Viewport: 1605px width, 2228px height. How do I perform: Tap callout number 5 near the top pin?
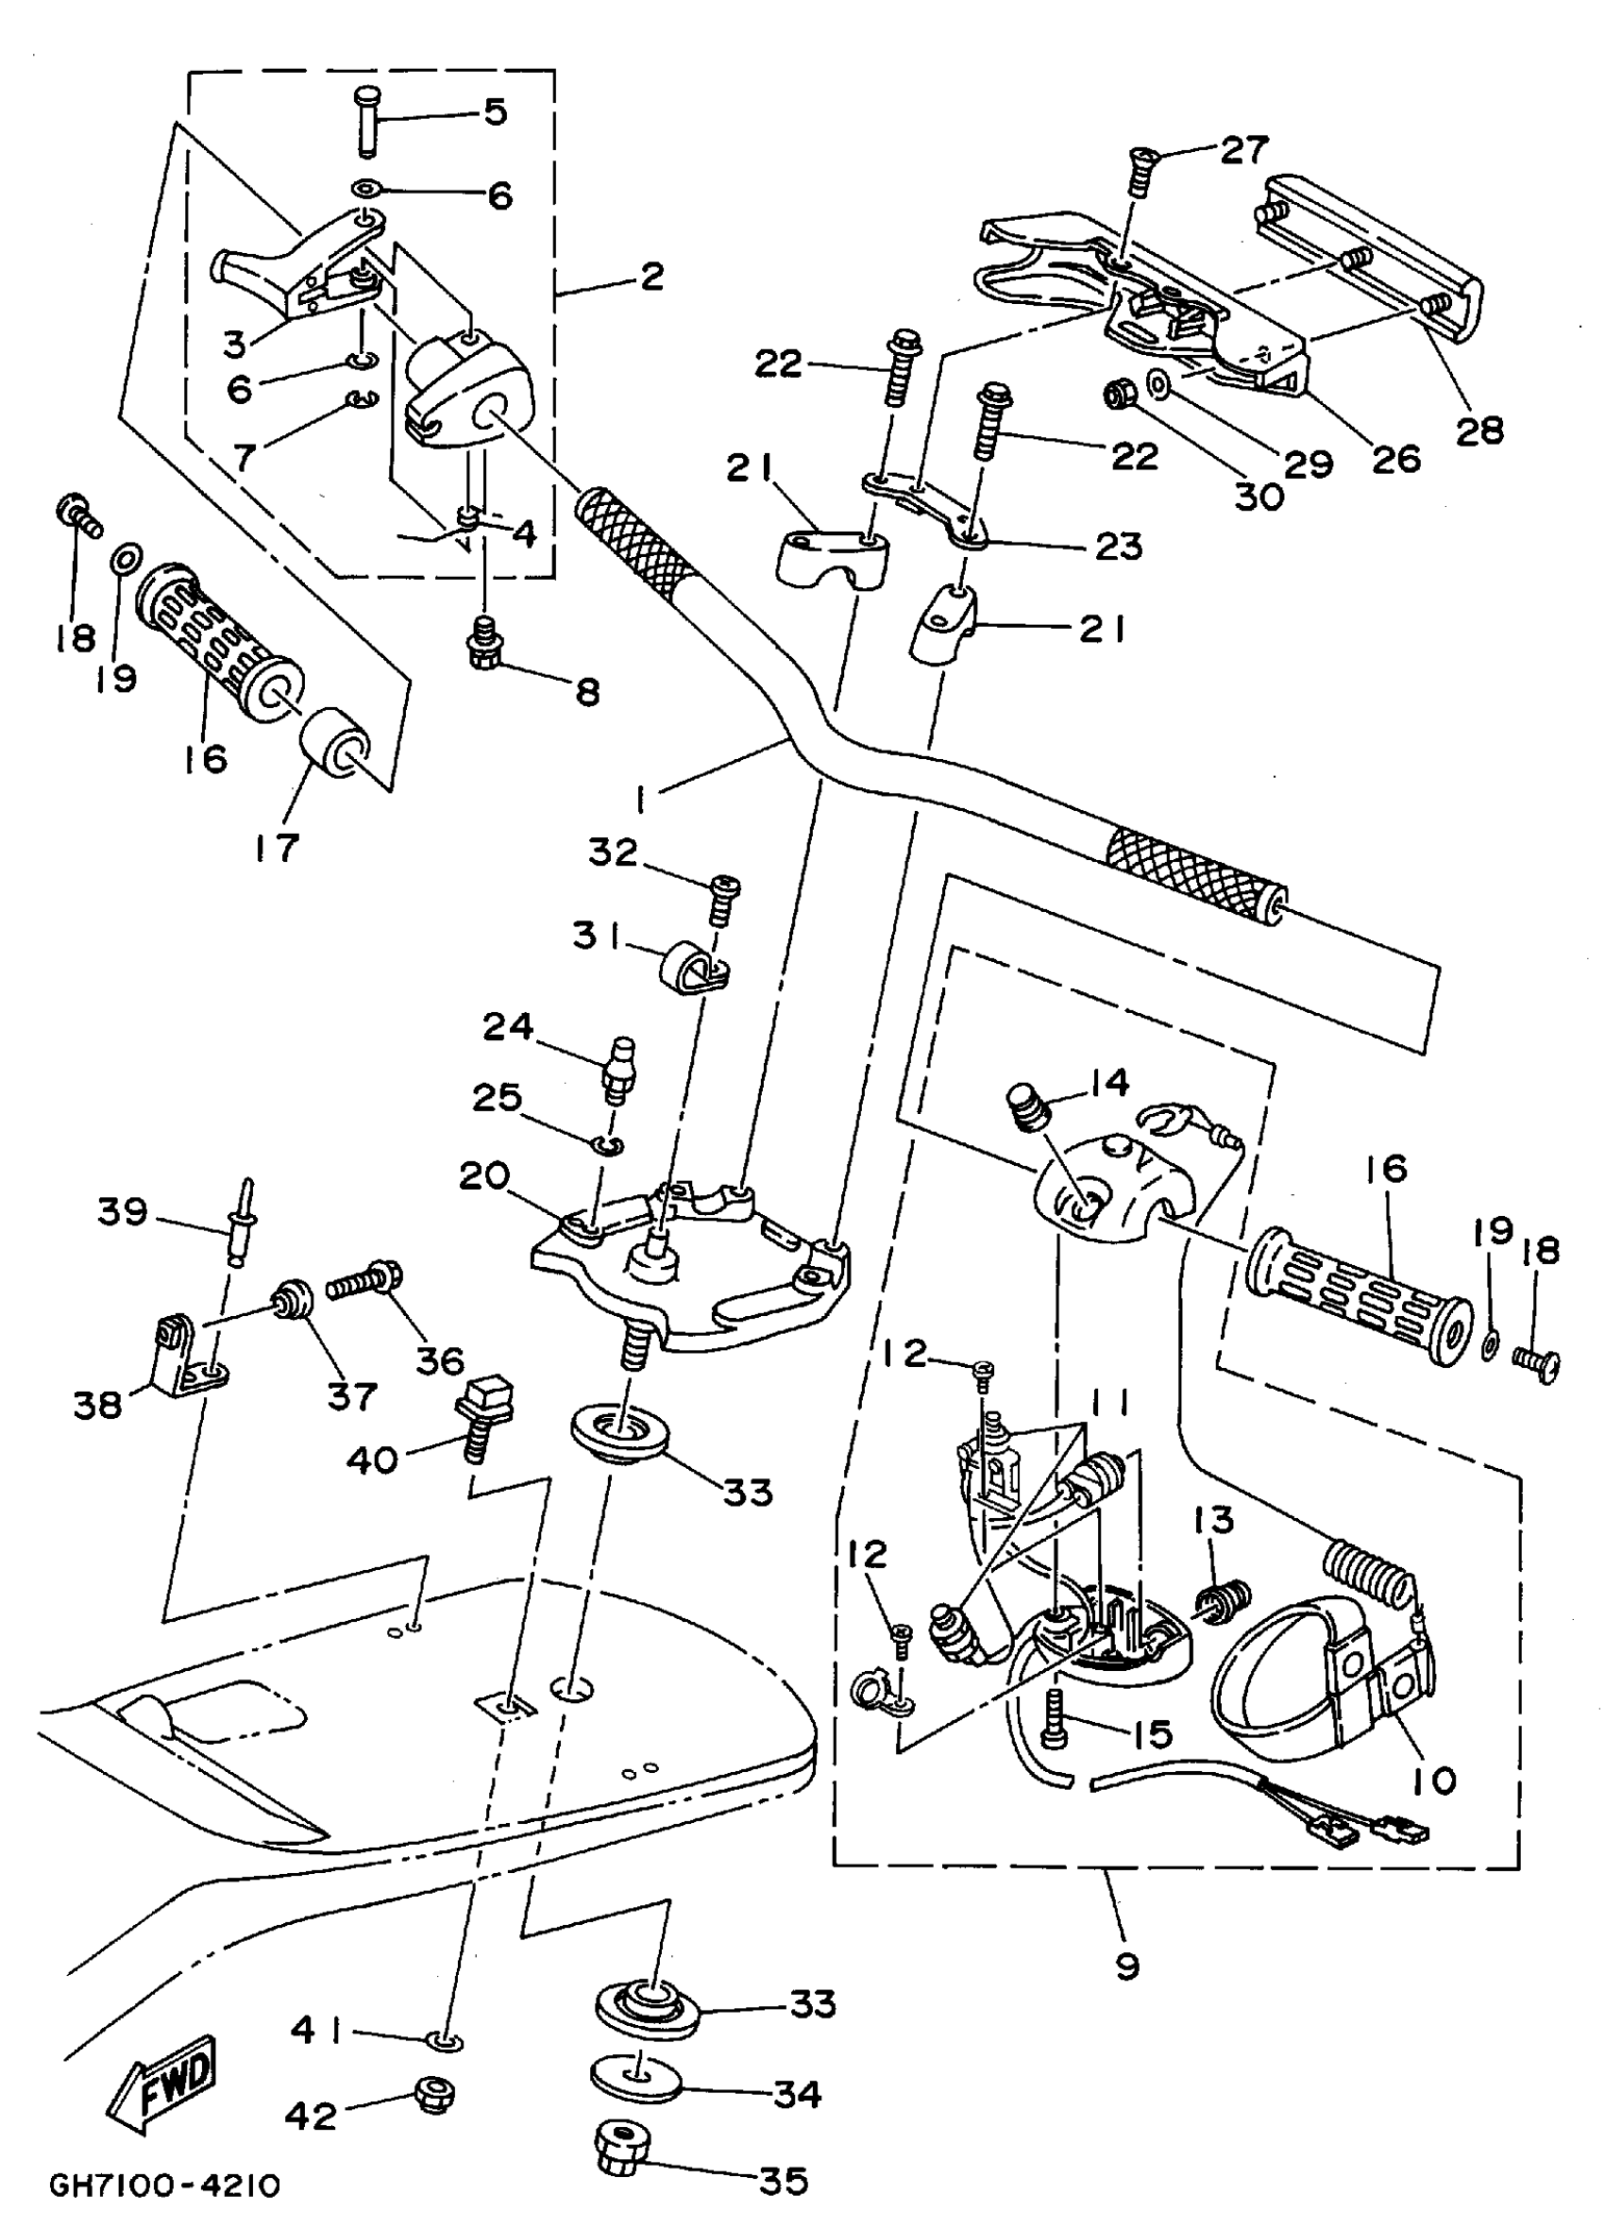(x=495, y=111)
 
